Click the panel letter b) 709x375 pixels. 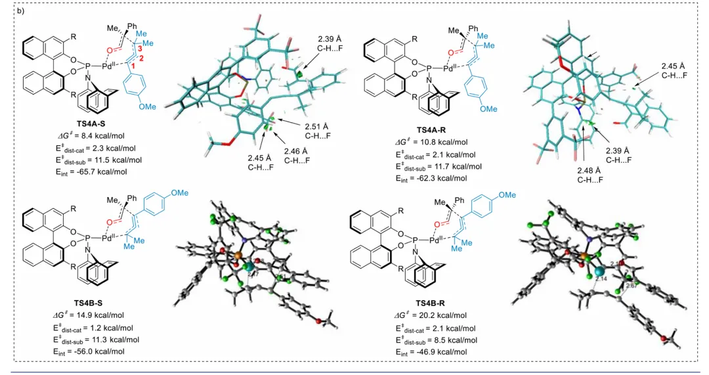(x=21, y=11)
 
